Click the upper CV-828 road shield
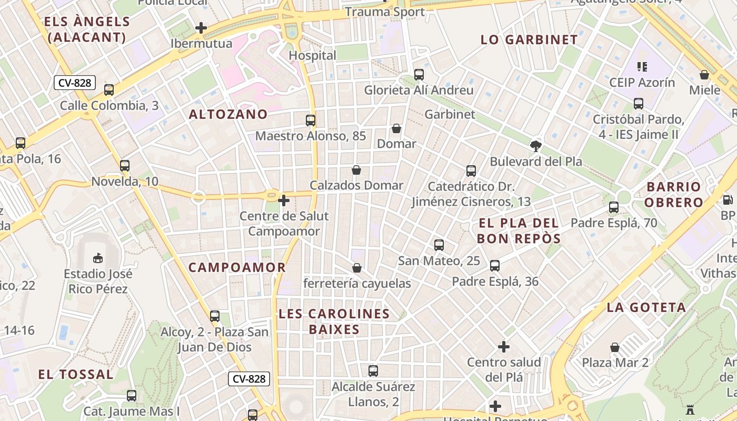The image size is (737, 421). click(x=74, y=83)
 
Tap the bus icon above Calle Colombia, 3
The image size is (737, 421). click(x=109, y=90)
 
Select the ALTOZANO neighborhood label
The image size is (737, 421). click(x=228, y=114)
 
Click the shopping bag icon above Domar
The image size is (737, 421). click(x=396, y=128)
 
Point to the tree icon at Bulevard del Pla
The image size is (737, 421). click(x=536, y=146)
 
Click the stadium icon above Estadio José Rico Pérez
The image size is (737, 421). click(x=98, y=258)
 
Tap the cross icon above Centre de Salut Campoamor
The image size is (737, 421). click(x=284, y=201)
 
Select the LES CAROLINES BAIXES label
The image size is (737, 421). click(x=334, y=322)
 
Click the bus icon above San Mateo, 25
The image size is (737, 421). click(x=439, y=245)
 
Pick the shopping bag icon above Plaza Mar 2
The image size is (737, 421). click(x=615, y=347)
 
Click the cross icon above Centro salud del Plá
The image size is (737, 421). click(x=504, y=347)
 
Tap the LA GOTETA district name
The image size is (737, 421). click(x=646, y=307)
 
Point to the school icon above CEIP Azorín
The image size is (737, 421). click(x=642, y=67)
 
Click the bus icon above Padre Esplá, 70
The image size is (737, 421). click(x=614, y=207)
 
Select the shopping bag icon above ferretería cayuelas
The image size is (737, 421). click(x=357, y=268)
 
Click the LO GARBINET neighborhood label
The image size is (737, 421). click(x=529, y=39)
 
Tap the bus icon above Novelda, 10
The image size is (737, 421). click(x=125, y=166)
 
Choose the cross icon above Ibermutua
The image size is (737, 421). click(x=201, y=28)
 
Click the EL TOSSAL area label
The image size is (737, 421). click(x=75, y=374)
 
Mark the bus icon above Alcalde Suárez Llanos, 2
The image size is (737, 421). click(x=373, y=371)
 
